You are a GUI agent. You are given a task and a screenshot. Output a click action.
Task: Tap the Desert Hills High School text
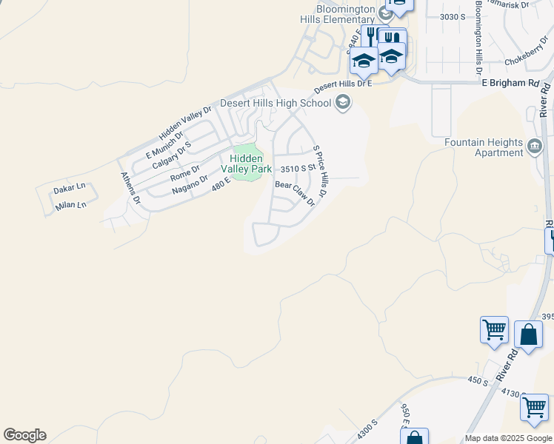tap(277, 103)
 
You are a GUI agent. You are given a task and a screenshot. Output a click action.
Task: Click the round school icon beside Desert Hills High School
tap(342, 102)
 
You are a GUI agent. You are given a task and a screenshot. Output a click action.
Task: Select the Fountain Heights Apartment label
tap(484, 147)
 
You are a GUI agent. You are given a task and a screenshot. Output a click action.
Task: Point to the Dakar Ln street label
tap(70, 190)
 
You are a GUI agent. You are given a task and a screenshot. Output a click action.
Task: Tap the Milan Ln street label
tap(71, 206)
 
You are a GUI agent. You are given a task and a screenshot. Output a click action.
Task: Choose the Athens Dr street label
tap(130, 188)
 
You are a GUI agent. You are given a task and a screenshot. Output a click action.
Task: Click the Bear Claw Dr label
tap(296, 194)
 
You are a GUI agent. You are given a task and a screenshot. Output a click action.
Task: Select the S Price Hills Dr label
tap(319, 175)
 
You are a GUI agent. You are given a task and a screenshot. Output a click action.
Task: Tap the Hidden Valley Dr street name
tap(185, 124)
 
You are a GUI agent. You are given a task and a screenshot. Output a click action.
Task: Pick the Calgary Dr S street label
tap(172, 155)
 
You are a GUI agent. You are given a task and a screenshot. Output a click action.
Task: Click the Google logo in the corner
tap(24, 435)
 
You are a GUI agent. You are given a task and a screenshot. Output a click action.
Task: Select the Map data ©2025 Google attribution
tap(508, 438)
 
